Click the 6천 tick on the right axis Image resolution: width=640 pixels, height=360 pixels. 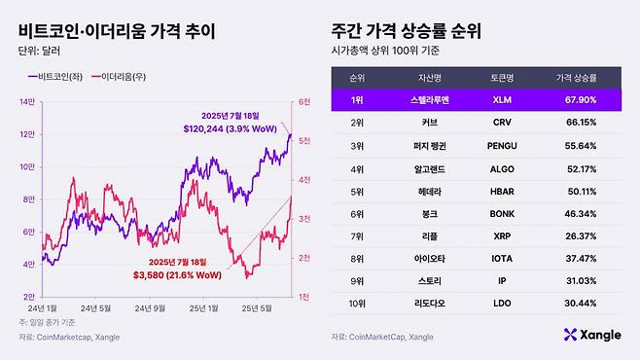(x=303, y=101)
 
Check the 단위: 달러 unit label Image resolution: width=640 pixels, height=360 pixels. (x=40, y=52)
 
